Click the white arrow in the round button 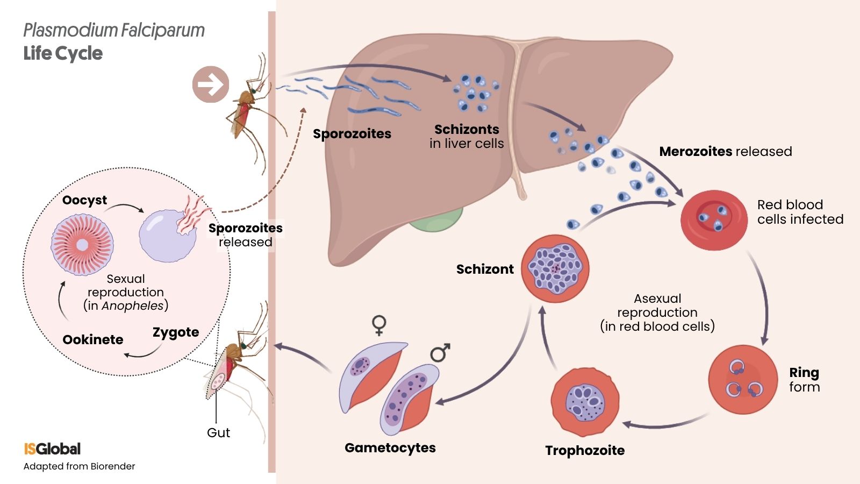[211, 84]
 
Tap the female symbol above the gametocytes [379, 325]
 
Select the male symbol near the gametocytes [440, 353]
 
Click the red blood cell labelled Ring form [742, 379]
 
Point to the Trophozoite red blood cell [585, 402]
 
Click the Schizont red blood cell [555, 268]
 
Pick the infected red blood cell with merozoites [713, 219]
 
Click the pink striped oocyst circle [82, 245]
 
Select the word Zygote [176, 332]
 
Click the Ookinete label [93, 339]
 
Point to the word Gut [218, 432]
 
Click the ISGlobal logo [52, 449]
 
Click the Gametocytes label [390, 447]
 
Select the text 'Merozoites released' [725, 151]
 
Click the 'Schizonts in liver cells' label [467, 136]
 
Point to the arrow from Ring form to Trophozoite [666, 423]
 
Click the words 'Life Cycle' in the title [63, 53]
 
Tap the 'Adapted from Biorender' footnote [79, 466]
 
